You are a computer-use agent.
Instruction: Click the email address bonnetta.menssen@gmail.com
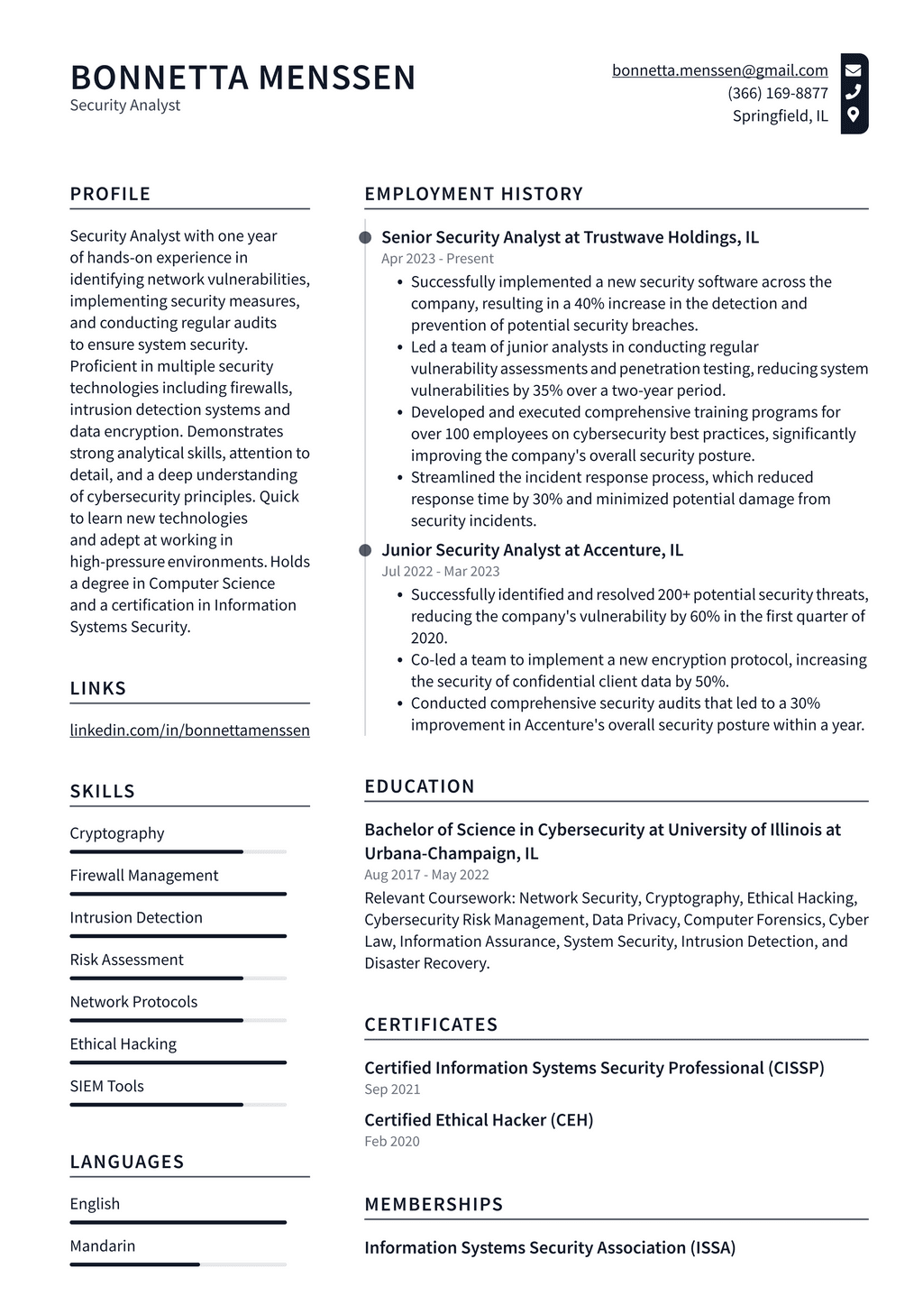[719, 70]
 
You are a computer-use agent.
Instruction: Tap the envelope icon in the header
[853, 69]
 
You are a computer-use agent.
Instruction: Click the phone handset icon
[853, 92]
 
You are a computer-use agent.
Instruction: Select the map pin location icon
[853, 115]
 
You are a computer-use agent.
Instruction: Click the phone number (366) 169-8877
[777, 93]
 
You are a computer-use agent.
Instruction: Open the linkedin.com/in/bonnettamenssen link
[189, 731]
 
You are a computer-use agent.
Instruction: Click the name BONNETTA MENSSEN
[242, 78]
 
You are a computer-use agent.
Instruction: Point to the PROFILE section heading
[110, 194]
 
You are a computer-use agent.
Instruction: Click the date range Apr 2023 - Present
[436, 259]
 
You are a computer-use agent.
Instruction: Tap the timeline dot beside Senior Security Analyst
[365, 237]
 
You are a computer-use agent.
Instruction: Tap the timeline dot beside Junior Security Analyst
[365, 550]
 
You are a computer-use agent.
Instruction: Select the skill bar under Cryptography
[178, 851]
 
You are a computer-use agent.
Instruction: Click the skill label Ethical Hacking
[123, 1043]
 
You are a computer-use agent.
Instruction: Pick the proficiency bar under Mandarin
[178, 1264]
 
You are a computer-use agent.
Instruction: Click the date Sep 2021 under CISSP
[392, 1089]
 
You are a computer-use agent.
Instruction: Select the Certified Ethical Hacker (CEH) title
[479, 1120]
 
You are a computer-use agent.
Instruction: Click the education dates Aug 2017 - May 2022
[426, 875]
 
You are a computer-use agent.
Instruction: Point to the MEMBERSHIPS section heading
[434, 1204]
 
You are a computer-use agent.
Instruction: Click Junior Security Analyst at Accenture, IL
[532, 550]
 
